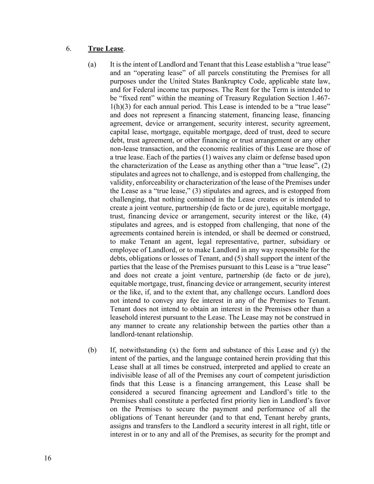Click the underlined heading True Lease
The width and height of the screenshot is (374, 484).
click(x=106, y=49)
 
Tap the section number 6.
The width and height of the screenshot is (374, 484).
click(x=68, y=49)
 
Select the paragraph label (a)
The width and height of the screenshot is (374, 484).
click(x=92, y=65)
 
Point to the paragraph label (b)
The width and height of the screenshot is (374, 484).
click(x=92, y=350)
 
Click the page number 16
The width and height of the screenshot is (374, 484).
click(x=48, y=458)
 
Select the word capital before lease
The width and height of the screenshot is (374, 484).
click(x=120, y=132)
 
